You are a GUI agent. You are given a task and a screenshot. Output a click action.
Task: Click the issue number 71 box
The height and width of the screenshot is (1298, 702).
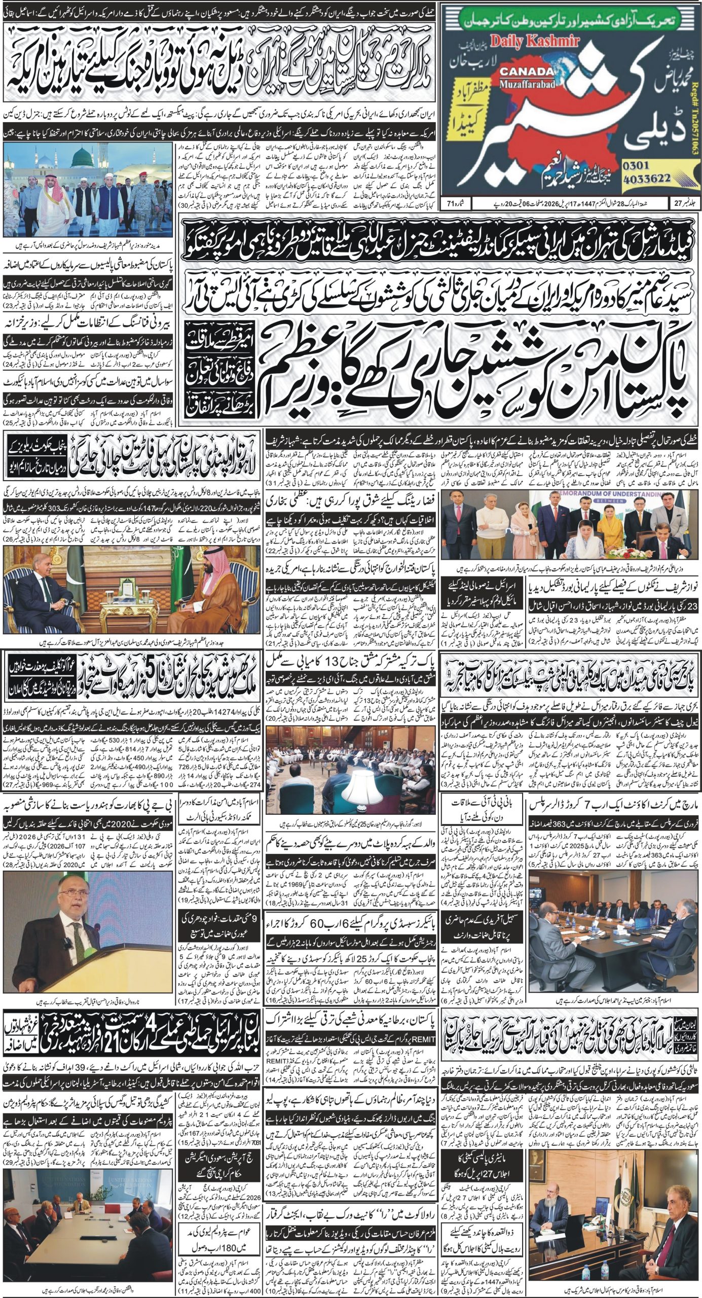(x=454, y=205)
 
